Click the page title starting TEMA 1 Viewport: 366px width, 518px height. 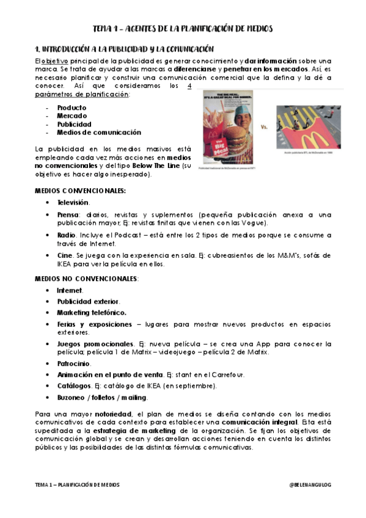(x=183, y=28)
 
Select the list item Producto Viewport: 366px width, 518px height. (x=71, y=108)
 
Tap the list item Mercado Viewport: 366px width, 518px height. (x=71, y=115)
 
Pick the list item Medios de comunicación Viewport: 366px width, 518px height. (x=98, y=132)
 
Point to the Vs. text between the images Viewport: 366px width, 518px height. (x=265, y=128)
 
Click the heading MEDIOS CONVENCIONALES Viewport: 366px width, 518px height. (x=80, y=191)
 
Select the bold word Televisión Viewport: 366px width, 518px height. (x=73, y=202)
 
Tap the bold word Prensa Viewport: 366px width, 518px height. (x=68, y=214)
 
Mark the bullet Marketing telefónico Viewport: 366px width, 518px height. (x=92, y=312)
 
